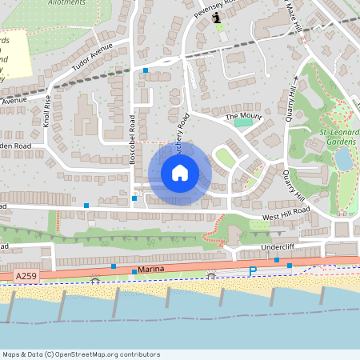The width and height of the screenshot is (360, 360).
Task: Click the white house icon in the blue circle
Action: pyautogui.click(x=180, y=173)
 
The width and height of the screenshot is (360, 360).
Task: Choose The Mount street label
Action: pyautogui.click(x=243, y=117)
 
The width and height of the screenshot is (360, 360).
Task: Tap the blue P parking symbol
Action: pyautogui.click(x=252, y=272)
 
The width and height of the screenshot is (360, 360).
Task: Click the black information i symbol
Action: pyautogui.click(x=218, y=17)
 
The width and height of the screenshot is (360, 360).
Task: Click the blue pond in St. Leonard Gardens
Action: pyautogui.click(x=342, y=159)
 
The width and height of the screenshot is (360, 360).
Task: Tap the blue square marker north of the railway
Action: pyautogui.click(x=146, y=70)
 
